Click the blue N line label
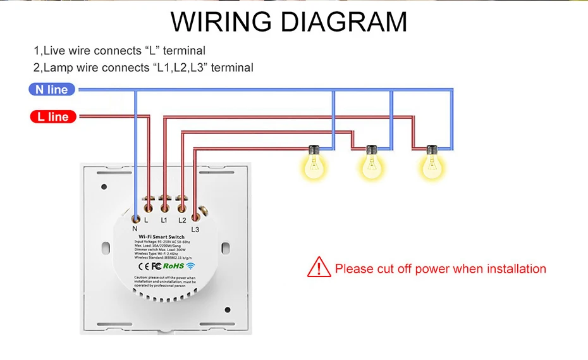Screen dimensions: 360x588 point(52,90)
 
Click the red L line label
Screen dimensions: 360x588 point(53,117)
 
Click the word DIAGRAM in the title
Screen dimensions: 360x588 point(345,22)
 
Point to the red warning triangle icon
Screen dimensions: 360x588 point(319,268)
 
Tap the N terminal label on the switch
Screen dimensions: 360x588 point(135,228)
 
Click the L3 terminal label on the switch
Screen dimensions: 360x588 point(195,229)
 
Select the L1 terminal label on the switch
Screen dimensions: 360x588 point(164,220)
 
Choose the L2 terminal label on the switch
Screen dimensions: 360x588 point(182,220)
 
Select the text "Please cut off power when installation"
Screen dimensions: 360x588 point(441,269)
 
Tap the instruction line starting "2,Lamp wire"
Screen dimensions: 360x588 point(144,68)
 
